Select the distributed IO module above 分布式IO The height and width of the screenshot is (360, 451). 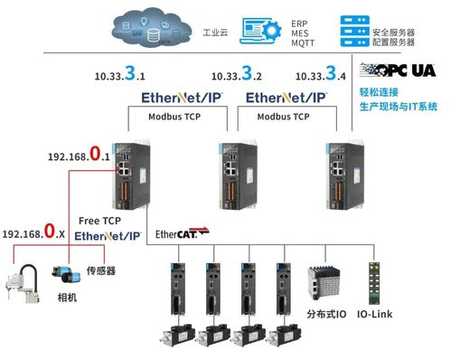[x=324, y=286]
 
